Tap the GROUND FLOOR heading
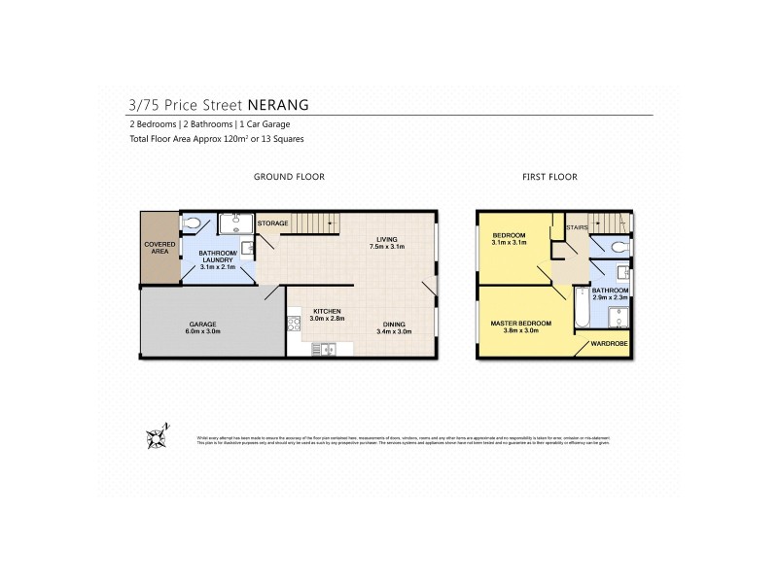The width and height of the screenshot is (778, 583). [289, 177]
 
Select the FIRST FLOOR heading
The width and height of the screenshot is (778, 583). [549, 177]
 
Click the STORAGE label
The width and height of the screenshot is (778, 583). [273, 224]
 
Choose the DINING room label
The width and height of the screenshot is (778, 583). [395, 325]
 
